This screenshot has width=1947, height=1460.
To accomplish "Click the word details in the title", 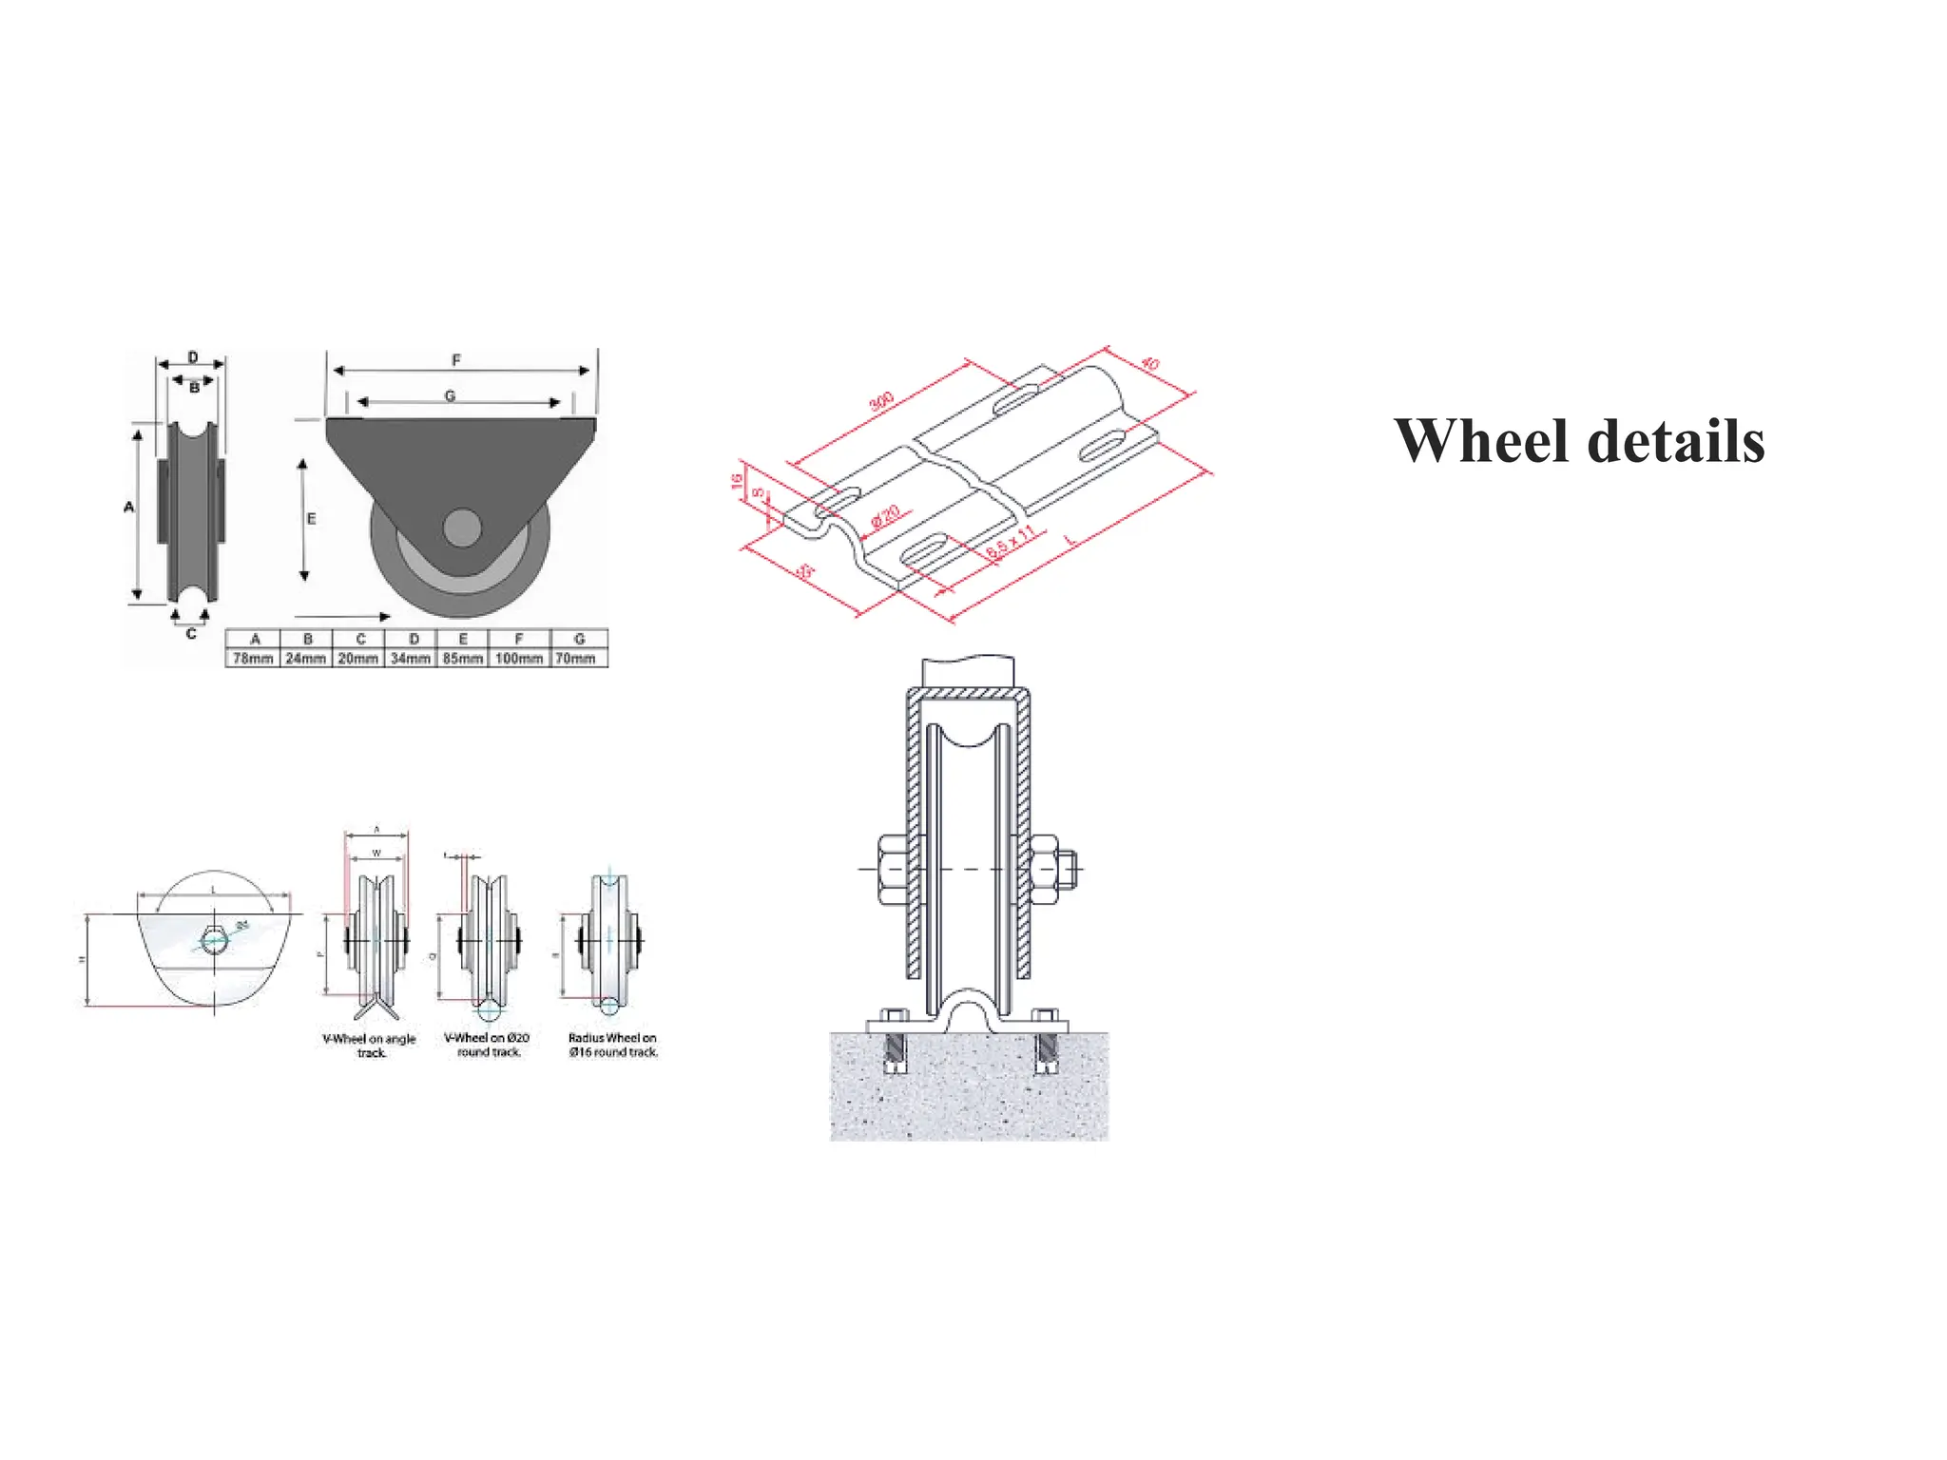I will (x=1676, y=442).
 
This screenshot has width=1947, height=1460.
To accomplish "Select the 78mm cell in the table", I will (x=253, y=658).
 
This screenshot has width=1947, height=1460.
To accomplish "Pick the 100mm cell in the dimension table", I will (x=519, y=658).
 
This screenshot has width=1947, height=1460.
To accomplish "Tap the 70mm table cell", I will (x=576, y=658).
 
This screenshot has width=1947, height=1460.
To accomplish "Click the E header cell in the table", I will (x=463, y=639).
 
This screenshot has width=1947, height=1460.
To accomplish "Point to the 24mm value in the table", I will (x=306, y=658).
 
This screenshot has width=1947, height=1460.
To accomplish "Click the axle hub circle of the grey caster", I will (x=462, y=528).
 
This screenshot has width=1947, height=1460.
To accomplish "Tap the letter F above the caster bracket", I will (x=456, y=360).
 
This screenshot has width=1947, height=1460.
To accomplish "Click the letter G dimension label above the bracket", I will (x=450, y=395).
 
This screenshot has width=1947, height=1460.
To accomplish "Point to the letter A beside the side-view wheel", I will (x=129, y=508).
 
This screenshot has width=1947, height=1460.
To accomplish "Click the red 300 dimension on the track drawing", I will (x=881, y=401).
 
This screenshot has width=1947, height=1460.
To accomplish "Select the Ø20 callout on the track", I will (x=885, y=517).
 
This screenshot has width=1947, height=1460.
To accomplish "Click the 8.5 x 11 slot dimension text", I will (x=1010, y=543).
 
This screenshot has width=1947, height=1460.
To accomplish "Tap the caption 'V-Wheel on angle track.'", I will (x=370, y=1046).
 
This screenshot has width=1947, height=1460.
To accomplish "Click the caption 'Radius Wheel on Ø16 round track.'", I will (x=613, y=1045).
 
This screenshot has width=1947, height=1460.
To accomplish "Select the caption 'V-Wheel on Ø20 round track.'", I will (x=487, y=1045).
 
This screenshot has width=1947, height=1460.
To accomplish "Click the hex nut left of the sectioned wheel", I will (x=891, y=869).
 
